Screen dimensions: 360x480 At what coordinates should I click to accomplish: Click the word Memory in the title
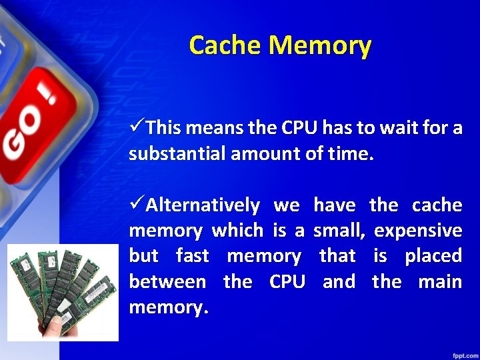(x=320, y=45)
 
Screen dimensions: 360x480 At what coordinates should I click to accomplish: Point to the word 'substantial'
(x=176, y=155)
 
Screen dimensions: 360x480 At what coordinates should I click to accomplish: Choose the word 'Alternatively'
(x=203, y=205)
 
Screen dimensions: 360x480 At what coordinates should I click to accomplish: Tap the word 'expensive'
(x=418, y=231)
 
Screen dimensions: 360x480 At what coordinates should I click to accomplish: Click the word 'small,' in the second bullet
(x=339, y=231)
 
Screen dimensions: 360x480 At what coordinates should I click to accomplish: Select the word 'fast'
(x=193, y=256)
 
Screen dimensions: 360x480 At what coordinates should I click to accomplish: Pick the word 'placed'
(x=433, y=256)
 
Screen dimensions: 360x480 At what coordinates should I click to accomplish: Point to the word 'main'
(x=440, y=281)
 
